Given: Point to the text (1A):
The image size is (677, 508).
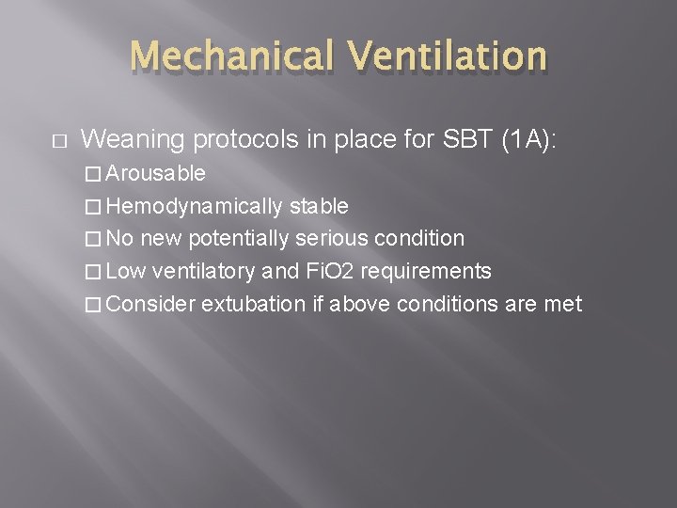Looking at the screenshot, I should [529, 140].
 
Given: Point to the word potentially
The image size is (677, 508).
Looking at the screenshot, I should [241, 239].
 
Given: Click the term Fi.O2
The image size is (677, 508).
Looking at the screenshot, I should [332, 272].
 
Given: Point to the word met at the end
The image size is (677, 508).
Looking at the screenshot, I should [564, 305].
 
